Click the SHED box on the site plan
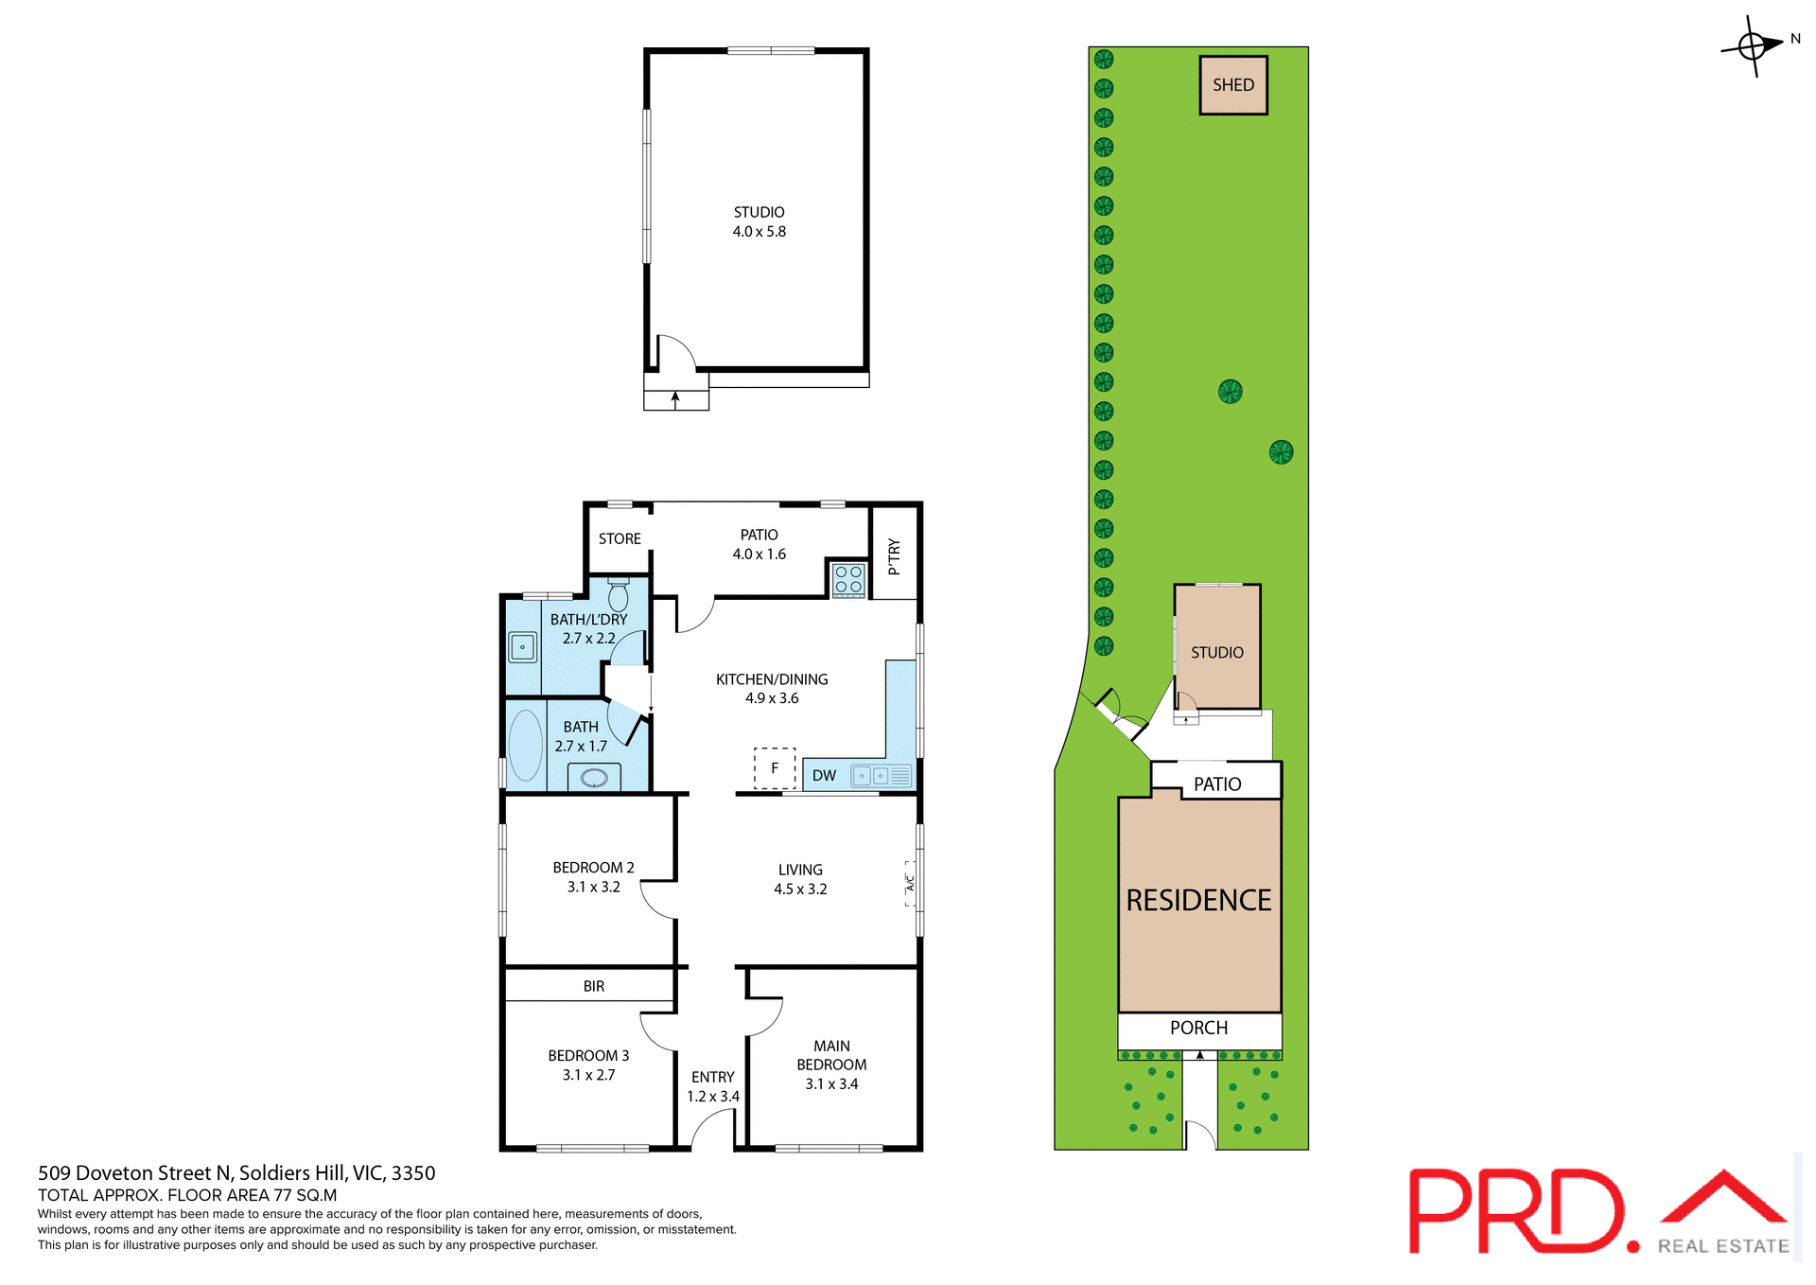[x=1232, y=85]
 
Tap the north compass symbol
[x=1753, y=45]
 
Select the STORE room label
[x=620, y=538]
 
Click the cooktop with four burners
[x=848, y=579]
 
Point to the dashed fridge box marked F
[x=775, y=768]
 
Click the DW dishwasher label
[x=824, y=776]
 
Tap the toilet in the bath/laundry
[x=619, y=595]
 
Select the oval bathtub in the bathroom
[x=526, y=744]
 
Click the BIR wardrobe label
[x=593, y=986]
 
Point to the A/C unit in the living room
[x=910, y=884]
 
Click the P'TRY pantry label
[x=894, y=557]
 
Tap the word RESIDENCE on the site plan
[x=1198, y=900]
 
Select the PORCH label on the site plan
[x=1198, y=1028]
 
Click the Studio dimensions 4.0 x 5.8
[x=759, y=232]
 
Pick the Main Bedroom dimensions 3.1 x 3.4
[x=831, y=1084]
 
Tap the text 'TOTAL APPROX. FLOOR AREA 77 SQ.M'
[x=187, y=1195]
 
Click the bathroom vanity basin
[x=594, y=778]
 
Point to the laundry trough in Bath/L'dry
[x=522, y=647]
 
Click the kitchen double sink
[x=871, y=776]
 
